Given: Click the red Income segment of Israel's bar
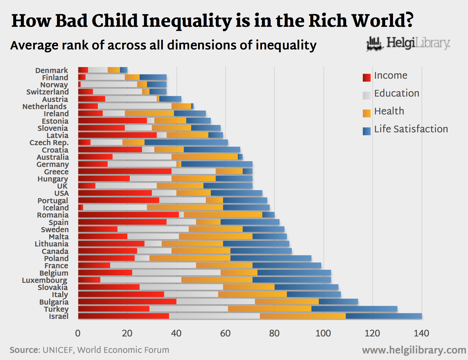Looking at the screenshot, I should coord(124,316).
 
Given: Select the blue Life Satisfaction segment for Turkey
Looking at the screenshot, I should coord(354,309).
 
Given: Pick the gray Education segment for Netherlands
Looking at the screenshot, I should coord(135,106).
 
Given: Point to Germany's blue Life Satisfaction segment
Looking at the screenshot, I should coord(217,164).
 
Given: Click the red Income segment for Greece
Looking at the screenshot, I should coord(125,171).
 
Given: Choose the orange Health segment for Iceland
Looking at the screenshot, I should coord(185,207).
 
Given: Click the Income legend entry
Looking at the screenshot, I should coord(390,76).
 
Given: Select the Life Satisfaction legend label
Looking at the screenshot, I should coord(411,129).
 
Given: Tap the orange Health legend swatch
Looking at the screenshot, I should coord(366,113).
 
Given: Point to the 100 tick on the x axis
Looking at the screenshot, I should coord(323,333).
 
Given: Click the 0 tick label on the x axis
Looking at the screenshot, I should coord(78,333).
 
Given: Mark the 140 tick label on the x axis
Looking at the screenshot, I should coord(421,333).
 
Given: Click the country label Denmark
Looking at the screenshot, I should coord(52,70).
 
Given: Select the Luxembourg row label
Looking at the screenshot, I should coord(45,280).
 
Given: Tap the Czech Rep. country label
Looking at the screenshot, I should coord(49,142).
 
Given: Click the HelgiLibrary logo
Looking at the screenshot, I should coord(408,44).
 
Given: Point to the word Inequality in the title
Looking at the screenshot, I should coord(187,21).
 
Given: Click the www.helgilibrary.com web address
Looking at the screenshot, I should coord(414,350).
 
